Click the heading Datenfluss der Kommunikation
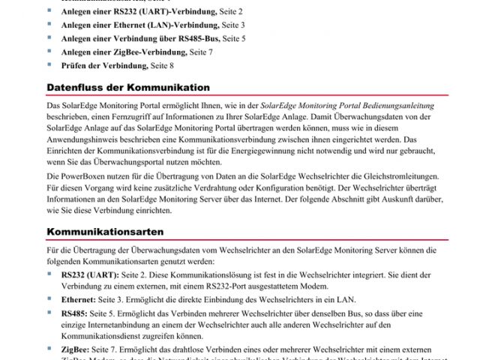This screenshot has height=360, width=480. click(x=128, y=88)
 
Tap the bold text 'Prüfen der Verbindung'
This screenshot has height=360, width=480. click(x=104, y=66)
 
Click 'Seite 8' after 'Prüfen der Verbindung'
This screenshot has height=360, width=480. click(x=166, y=66)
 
